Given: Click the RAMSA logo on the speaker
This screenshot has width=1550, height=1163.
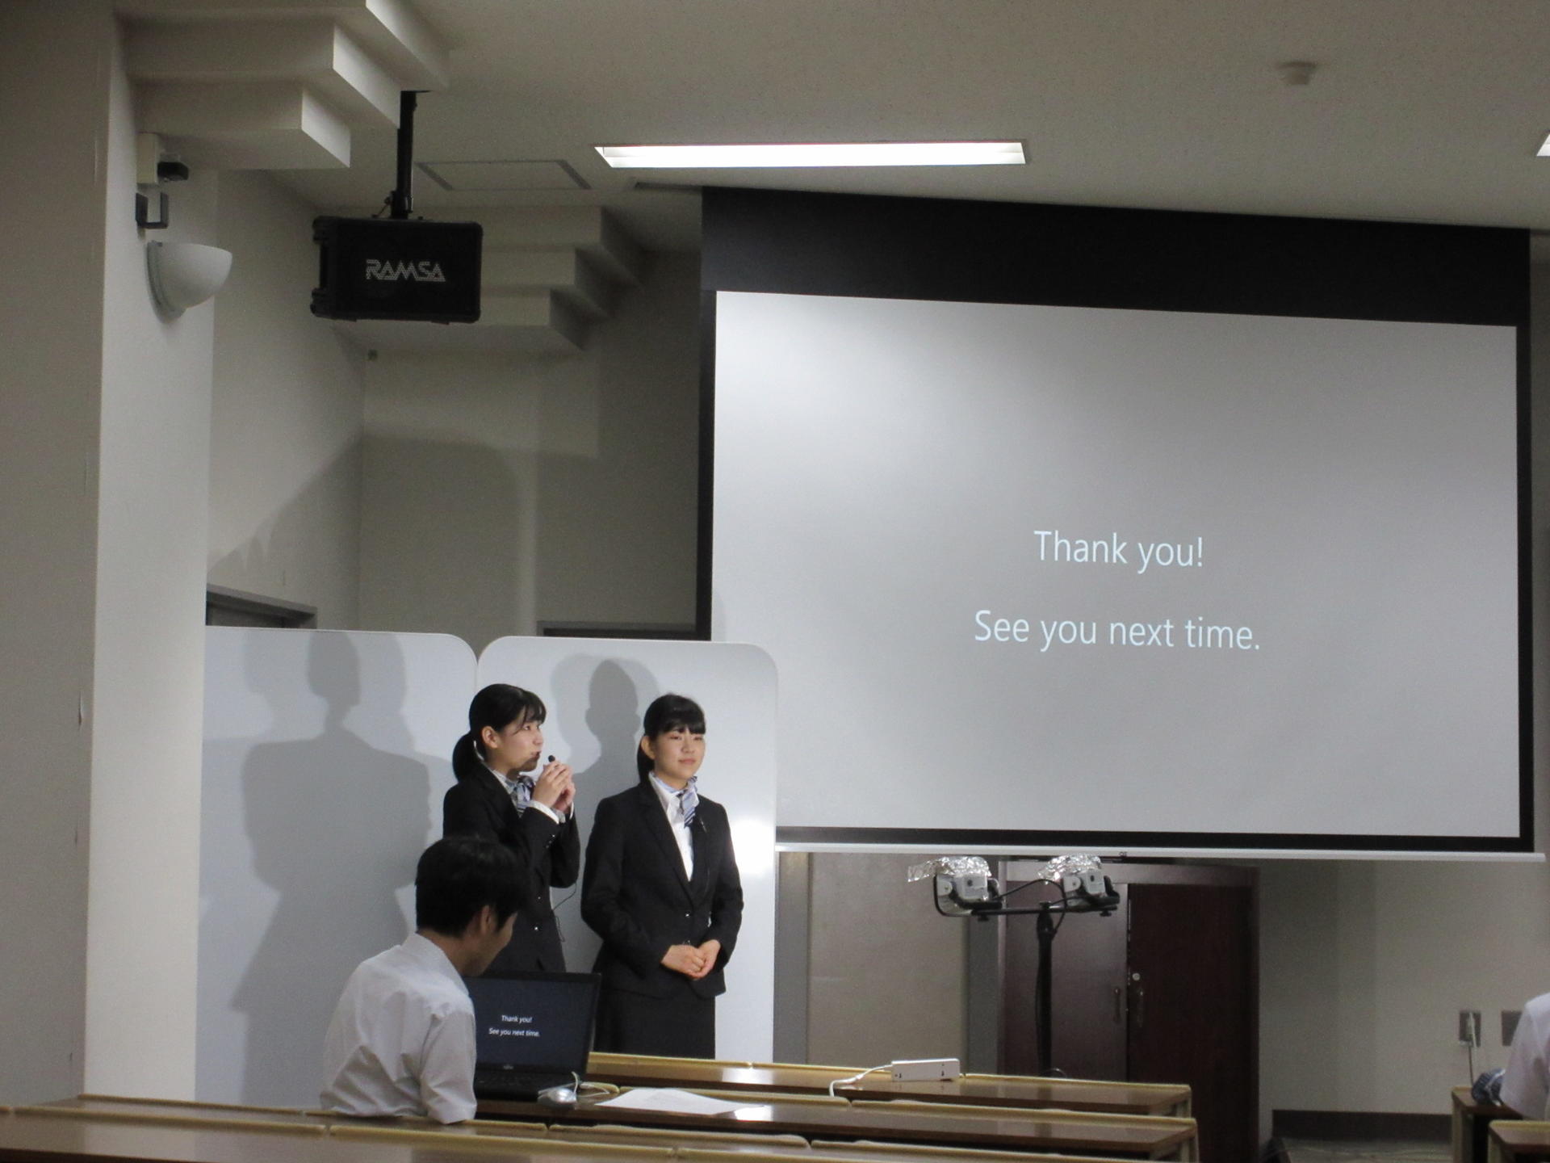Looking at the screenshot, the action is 405,271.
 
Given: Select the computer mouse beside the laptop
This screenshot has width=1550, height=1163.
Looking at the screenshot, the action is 557,1095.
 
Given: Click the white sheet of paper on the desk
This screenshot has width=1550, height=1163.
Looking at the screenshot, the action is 674,1101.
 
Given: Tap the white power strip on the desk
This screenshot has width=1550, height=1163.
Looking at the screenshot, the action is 925,1069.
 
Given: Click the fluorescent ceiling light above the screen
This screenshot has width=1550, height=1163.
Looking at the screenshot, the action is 811,153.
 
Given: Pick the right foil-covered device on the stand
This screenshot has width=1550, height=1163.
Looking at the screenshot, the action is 1079,878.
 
